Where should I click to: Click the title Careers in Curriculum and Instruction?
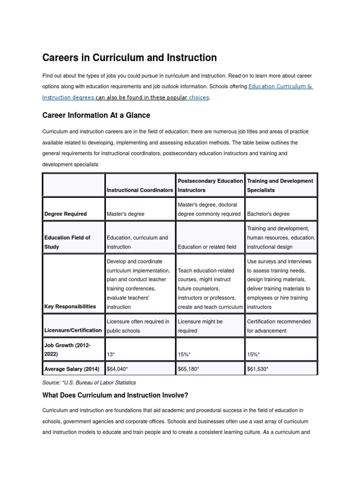(129, 58)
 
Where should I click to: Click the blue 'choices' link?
(199, 97)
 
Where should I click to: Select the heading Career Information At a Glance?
(96, 115)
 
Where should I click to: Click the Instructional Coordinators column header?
(140, 190)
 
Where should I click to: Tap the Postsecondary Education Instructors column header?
(210, 185)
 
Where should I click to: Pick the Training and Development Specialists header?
(280, 185)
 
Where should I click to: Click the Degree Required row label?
(65, 214)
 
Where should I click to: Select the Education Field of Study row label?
(67, 242)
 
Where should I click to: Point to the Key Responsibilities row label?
(70, 307)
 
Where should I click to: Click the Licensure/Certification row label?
(73, 330)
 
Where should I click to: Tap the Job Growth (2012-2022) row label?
(67, 350)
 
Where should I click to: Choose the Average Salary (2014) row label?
(72, 369)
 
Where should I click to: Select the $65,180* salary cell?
(188, 369)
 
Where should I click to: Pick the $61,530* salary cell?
(258, 369)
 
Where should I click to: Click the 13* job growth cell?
(112, 354)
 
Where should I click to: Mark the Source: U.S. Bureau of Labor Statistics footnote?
(89, 382)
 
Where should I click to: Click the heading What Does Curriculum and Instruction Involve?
(115, 395)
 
